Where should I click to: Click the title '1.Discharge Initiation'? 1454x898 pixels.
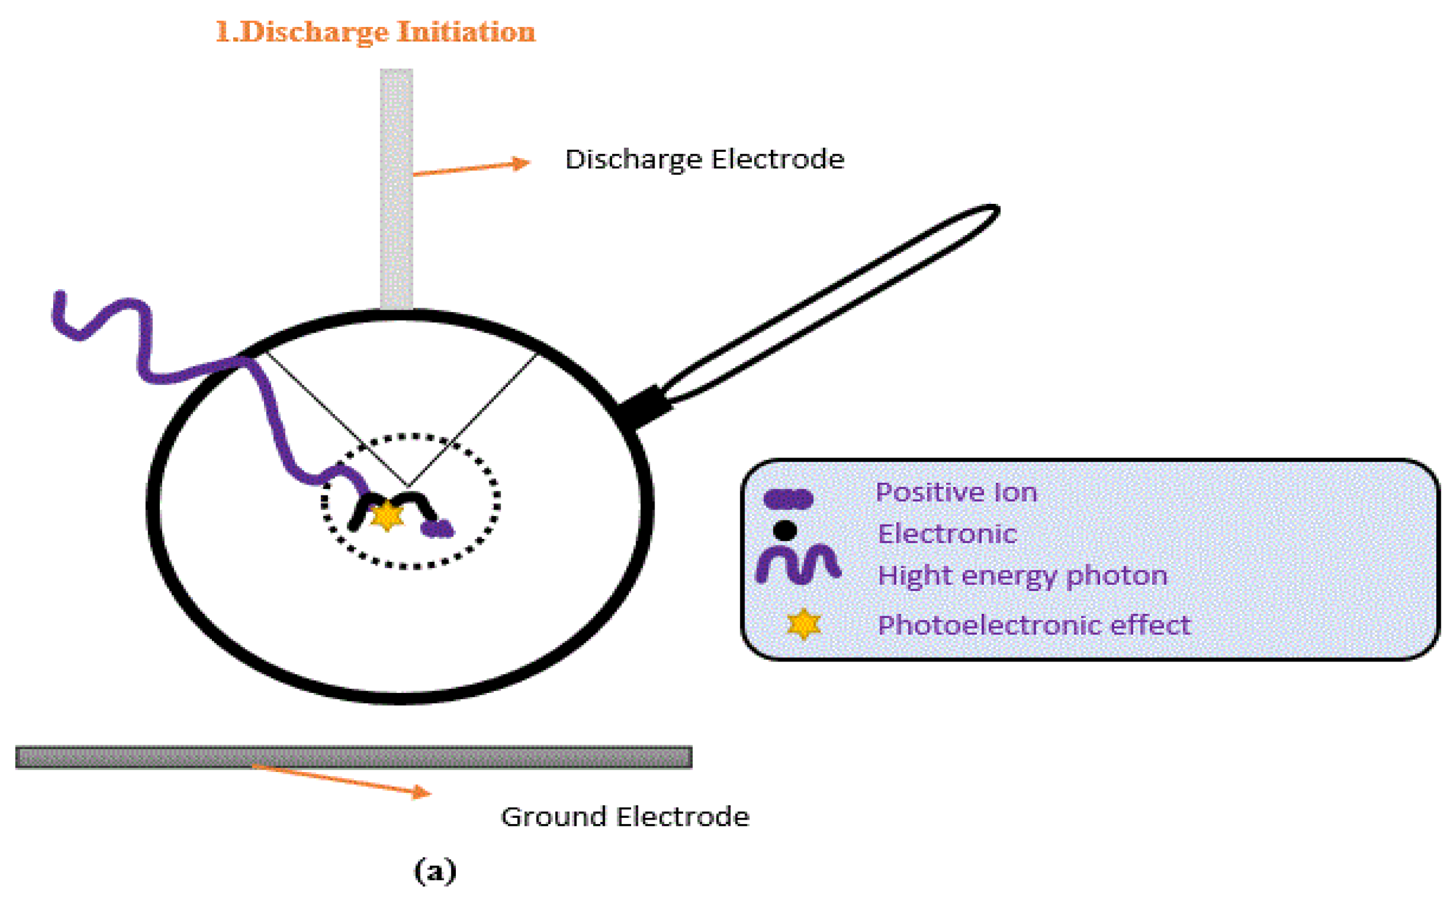tap(375, 32)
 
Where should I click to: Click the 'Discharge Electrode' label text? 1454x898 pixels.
tap(704, 159)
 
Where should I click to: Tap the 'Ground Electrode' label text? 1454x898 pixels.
tap(625, 817)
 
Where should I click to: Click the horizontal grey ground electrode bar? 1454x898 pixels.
tap(353, 757)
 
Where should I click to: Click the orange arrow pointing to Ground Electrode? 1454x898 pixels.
tap(342, 780)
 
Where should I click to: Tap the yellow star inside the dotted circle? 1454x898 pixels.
tap(387, 515)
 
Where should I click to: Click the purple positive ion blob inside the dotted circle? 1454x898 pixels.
tap(438, 528)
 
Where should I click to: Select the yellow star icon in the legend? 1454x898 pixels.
tap(803, 624)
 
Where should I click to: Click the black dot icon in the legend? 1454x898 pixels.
tap(785, 530)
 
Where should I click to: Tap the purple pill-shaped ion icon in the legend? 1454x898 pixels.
tap(788, 499)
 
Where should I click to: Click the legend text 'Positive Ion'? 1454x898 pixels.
tap(956, 493)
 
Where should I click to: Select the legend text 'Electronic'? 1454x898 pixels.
tap(947, 533)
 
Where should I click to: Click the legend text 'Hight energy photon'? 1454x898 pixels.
tap(1022, 576)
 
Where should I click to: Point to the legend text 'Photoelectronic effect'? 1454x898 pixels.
tap(1034, 625)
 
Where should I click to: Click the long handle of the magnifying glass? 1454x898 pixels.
tap(831, 303)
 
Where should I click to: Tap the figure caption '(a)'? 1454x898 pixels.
tap(435, 871)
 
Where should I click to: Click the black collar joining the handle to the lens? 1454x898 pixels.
tap(644, 405)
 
